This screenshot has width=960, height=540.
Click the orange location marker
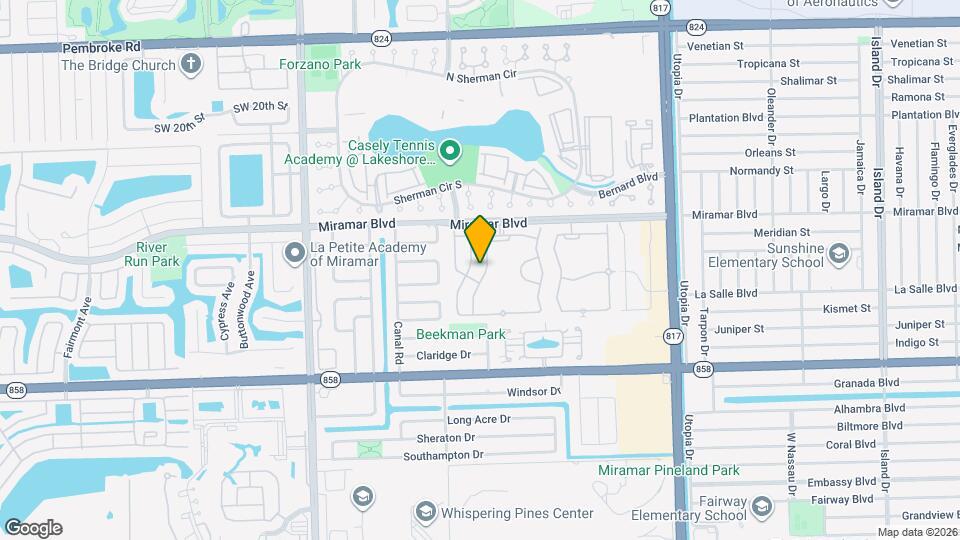tap(480, 239)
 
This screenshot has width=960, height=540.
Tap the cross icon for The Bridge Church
tap(192, 66)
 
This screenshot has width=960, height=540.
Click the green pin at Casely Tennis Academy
tap(450, 151)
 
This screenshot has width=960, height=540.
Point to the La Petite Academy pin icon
tap(295, 252)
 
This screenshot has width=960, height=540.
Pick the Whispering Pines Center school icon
tap(425, 513)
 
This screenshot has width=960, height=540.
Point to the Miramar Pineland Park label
tap(668, 470)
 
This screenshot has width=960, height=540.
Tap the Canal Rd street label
tap(397, 342)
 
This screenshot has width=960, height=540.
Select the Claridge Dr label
tap(444, 355)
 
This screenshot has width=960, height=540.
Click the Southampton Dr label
tap(443, 456)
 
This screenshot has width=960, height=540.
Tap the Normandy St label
tap(761, 171)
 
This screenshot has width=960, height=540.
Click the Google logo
tap(33, 527)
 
